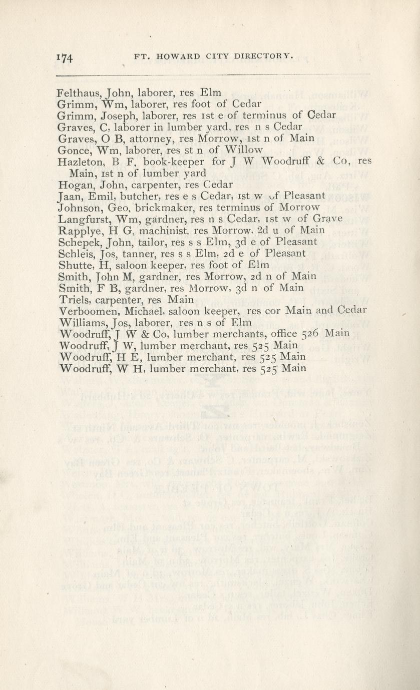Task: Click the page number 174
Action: coord(66,57)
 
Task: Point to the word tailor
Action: coord(136,242)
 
